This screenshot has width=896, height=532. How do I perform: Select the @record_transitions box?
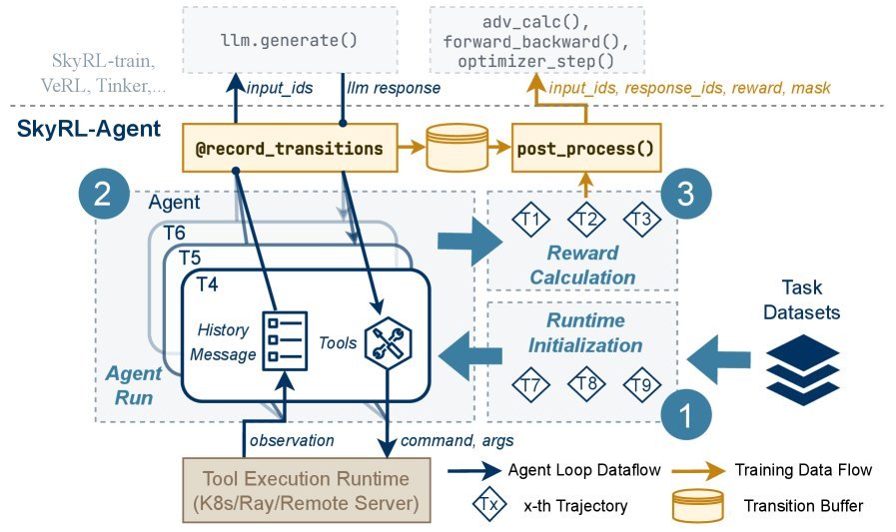pos(290,149)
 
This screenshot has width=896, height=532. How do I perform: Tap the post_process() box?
pos(584,149)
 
